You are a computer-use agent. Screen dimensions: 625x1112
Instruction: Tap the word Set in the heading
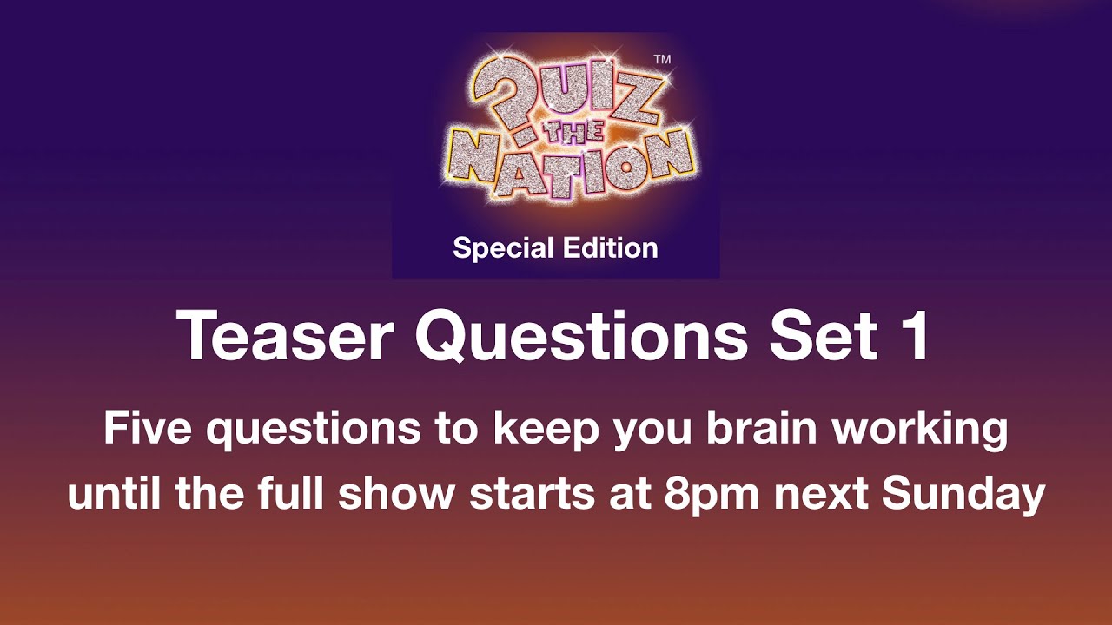pyautogui.click(x=813, y=337)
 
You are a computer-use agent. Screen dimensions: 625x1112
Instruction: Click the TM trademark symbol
pyautogui.click(x=661, y=60)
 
